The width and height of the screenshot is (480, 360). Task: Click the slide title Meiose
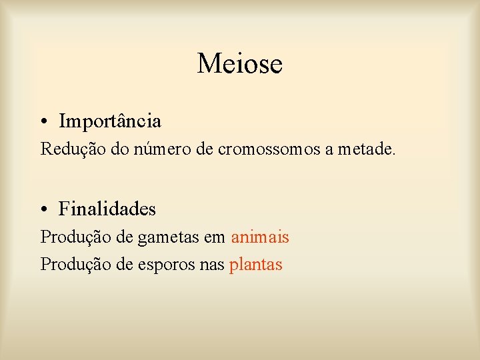tap(240, 64)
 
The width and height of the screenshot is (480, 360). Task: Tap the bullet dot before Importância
tap(43, 122)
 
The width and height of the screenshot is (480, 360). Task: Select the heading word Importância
tap(110, 121)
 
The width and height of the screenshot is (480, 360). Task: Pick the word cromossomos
tap(269, 149)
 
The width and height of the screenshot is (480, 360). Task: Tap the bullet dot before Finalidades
tap(43, 209)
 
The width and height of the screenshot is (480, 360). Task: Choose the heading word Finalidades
tap(107, 209)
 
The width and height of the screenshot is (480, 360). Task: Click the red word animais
tap(260, 237)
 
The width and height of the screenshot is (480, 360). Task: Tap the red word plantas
tap(256, 265)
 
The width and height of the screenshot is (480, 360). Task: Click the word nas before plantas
tap(211, 265)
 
